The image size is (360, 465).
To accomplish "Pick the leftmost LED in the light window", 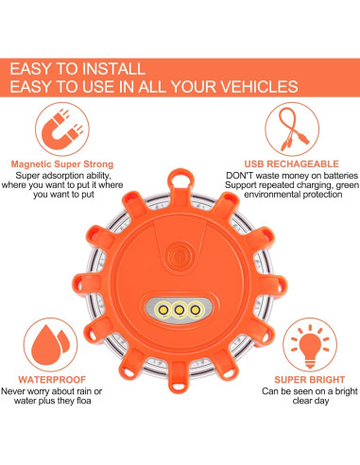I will (162, 307).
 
